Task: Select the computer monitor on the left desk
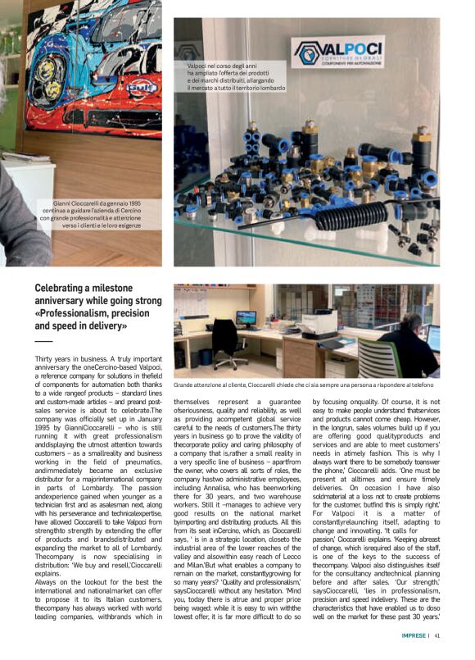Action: click(x=246, y=318)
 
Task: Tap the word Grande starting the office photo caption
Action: click(x=186, y=383)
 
